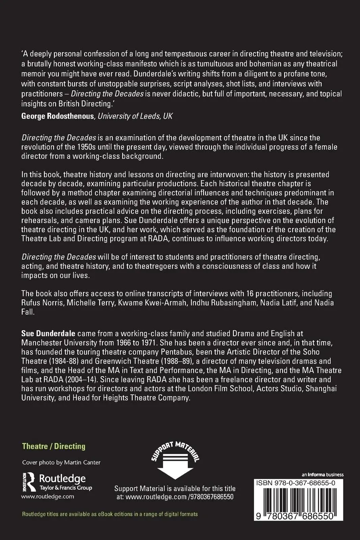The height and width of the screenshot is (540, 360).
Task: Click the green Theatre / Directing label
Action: (x=54, y=446)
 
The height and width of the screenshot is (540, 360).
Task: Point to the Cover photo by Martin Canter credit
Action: (x=61, y=462)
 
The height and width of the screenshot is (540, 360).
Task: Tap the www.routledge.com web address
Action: (x=48, y=496)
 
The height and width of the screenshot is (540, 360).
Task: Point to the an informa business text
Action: (x=322, y=474)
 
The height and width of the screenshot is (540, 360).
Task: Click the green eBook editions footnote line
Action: (x=110, y=514)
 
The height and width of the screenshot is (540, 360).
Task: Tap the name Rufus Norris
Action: (x=40, y=303)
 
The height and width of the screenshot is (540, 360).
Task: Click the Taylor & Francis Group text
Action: (x=65, y=488)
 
